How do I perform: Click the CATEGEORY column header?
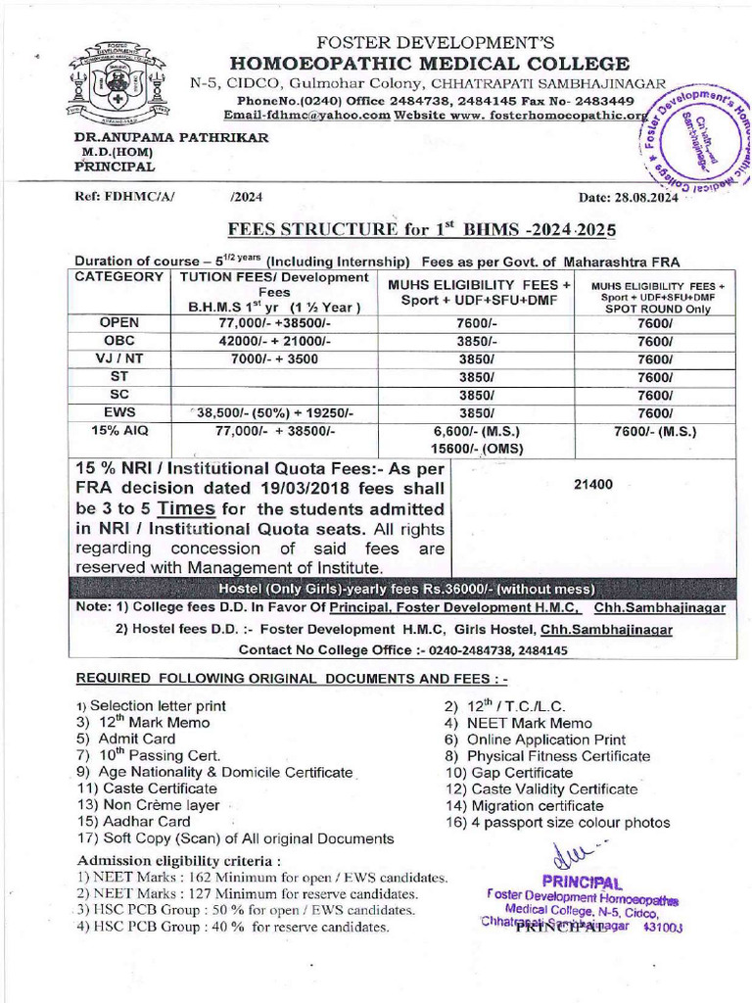(119, 277)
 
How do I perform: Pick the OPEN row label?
(119, 322)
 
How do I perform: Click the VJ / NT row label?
(119, 358)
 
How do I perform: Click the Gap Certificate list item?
(509, 773)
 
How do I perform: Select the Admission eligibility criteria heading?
(179, 860)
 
